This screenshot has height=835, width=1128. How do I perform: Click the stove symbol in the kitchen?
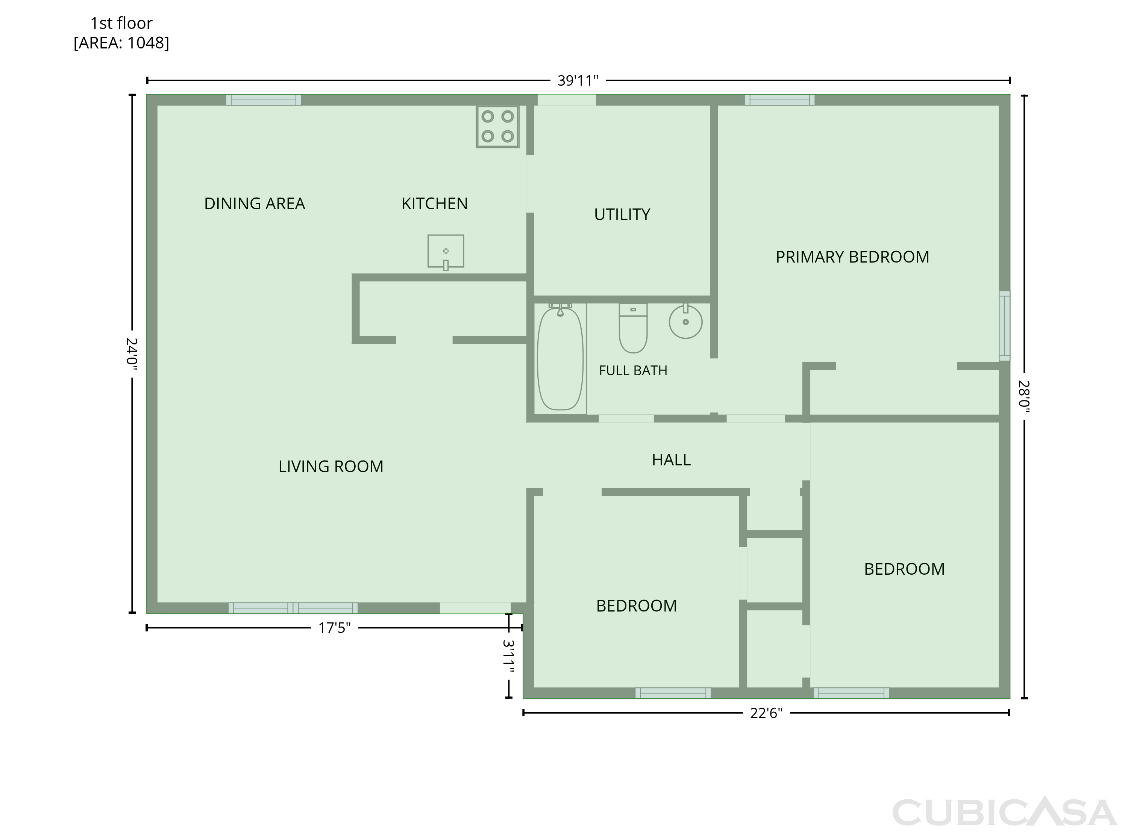coord(497,126)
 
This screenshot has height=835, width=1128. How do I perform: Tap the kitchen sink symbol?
coord(446,252)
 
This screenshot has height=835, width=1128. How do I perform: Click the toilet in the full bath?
coord(633,328)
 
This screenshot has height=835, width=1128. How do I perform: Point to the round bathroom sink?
coord(685,322)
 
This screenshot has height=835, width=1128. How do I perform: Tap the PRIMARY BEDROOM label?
coord(852,257)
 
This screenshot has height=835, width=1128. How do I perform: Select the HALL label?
coord(671,459)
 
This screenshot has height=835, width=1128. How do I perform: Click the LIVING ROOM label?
coord(331,466)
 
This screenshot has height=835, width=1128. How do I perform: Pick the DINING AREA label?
coord(255,203)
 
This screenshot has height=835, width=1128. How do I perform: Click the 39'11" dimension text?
coord(578,80)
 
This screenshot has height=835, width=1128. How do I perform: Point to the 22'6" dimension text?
coord(766,713)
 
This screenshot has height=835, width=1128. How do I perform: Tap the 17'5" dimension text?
coord(334,628)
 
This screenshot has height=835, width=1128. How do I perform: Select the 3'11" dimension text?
coord(508,656)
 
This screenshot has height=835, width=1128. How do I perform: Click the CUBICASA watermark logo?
coord(1004,812)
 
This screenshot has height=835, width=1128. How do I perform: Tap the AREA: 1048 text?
coord(121,43)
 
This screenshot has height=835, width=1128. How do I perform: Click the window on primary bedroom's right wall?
coord(1005,326)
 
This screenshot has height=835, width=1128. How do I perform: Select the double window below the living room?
coord(293,608)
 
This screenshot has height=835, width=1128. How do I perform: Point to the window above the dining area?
coord(263,100)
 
